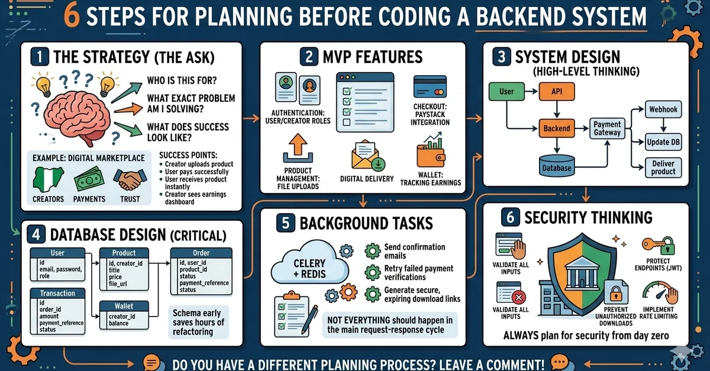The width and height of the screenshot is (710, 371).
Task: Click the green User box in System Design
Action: tap(506, 92)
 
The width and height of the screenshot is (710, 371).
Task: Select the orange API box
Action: tap(557, 92)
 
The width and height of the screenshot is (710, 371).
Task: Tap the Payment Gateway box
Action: tap(607, 128)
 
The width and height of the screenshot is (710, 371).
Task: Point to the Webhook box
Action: tap(663, 109)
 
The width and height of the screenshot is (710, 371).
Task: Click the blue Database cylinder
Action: tap(557, 165)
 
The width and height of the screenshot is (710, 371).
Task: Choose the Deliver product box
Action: tap(663, 167)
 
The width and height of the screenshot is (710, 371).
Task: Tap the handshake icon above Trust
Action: tap(130, 179)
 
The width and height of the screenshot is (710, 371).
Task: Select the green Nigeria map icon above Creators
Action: tap(48, 179)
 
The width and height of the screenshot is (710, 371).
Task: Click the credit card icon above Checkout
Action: tap(430, 86)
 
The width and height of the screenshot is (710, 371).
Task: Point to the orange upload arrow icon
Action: tap(298, 148)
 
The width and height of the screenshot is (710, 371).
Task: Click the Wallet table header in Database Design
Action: tap(124, 306)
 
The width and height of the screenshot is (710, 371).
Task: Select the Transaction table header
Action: tap(57, 293)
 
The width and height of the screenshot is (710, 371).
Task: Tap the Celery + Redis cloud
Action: tap(309, 264)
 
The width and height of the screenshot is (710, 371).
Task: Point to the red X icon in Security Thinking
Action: tap(518, 298)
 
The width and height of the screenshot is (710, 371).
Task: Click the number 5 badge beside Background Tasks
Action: tap(285, 222)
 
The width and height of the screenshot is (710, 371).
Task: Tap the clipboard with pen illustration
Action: tap(295, 314)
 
